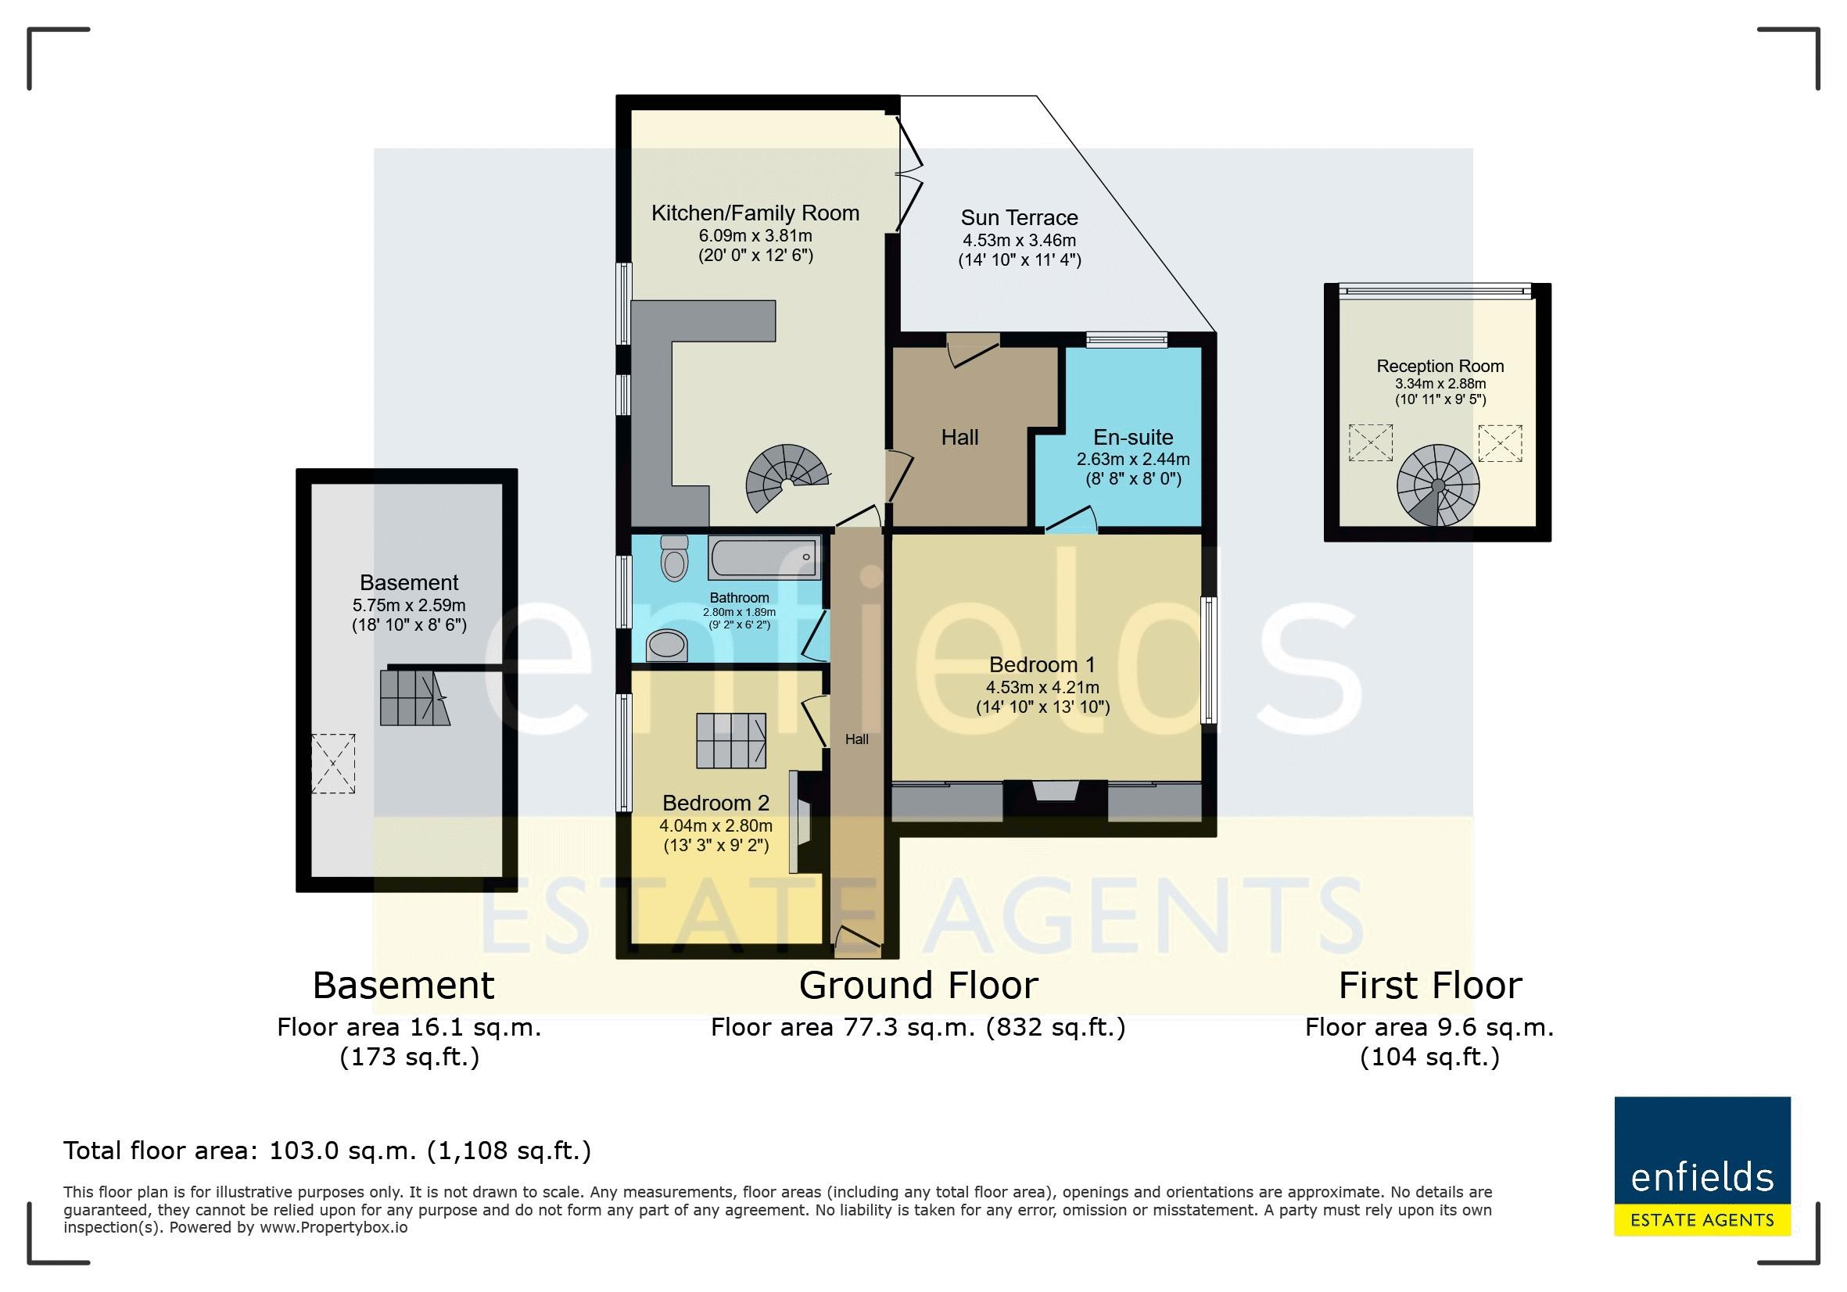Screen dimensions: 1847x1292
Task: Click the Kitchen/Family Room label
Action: (x=755, y=213)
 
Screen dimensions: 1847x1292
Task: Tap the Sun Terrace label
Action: (x=1019, y=218)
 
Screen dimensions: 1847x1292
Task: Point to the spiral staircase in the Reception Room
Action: (x=1438, y=486)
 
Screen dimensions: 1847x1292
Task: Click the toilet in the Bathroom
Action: (x=674, y=558)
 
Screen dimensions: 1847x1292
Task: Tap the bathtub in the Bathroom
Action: (x=764, y=557)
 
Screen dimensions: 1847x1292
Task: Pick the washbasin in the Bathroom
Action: (x=667, y=645)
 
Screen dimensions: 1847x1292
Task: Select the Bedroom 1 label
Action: (x=1042, y=665)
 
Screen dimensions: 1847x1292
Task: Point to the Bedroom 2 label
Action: (x=716, y=803)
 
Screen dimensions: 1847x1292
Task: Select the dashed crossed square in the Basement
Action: (x=333, y=764)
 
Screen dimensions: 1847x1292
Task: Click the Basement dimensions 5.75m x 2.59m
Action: (x=410, y=606)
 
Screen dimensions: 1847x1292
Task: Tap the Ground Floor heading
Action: (x=919, y=986)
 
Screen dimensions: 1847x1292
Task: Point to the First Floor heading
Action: (x=1430, y=986)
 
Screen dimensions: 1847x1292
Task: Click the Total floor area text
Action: (x=328, y=1151)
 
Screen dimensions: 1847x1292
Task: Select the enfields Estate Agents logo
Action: (x=1702, y=1166)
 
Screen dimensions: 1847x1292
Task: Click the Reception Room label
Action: (x=1440, y=367)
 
